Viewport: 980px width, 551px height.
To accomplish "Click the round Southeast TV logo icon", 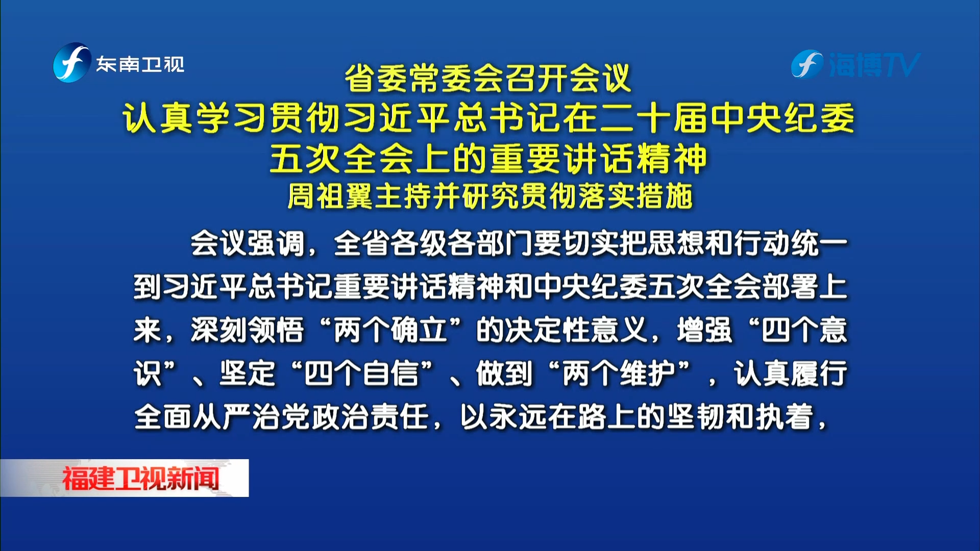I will (72, 63).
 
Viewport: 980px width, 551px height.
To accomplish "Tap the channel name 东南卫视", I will (140, 64).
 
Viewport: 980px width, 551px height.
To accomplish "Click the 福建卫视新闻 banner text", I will (140, 479).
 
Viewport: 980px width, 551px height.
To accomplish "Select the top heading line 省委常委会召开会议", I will (488, 79).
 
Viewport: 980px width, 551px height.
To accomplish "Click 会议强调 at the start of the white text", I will (248, 243).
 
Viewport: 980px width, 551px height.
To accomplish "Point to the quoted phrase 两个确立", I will (390, 330).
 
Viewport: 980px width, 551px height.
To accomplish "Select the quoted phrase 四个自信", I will (361, 373).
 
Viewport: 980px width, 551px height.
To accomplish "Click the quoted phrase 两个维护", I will (619, 373).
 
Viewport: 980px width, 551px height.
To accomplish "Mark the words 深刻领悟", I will (248, 330).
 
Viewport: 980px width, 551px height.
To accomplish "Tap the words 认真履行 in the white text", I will (791, 373).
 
